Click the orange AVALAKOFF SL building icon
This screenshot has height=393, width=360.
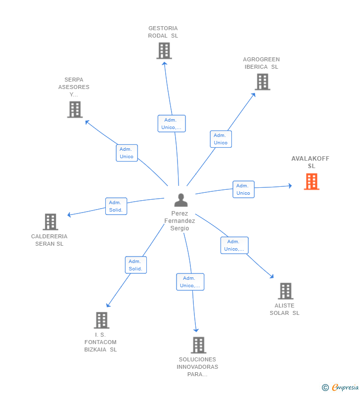(312, 181)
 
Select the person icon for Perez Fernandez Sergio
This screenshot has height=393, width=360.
(181, 200)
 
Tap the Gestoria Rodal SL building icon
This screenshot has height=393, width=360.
(164, 50)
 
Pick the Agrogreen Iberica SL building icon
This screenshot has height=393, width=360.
(262, 82)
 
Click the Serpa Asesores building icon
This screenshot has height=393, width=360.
(75, 109)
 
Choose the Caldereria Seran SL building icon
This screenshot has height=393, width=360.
(50, 222)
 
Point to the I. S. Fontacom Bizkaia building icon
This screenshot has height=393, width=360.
(101, 320)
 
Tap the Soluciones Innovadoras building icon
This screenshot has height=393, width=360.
(198, 345)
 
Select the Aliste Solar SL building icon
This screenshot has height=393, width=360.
(285, 291)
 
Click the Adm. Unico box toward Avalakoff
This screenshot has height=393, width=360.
(243, 189)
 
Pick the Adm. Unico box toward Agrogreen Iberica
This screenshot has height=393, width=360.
(221, 139)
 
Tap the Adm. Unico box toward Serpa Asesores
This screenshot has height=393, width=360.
(127, 153)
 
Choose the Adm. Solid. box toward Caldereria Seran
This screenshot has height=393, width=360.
(116, 206)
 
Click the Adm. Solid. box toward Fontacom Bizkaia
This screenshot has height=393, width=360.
(135, 265)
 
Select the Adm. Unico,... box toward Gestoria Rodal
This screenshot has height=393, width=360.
(172, 124)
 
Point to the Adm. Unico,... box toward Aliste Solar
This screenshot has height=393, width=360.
(234, 245)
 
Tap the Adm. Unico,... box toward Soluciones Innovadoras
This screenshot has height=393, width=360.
(190, 282)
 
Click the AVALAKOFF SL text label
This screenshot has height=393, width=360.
(311, 162)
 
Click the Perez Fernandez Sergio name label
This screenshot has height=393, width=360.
(180, 221)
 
